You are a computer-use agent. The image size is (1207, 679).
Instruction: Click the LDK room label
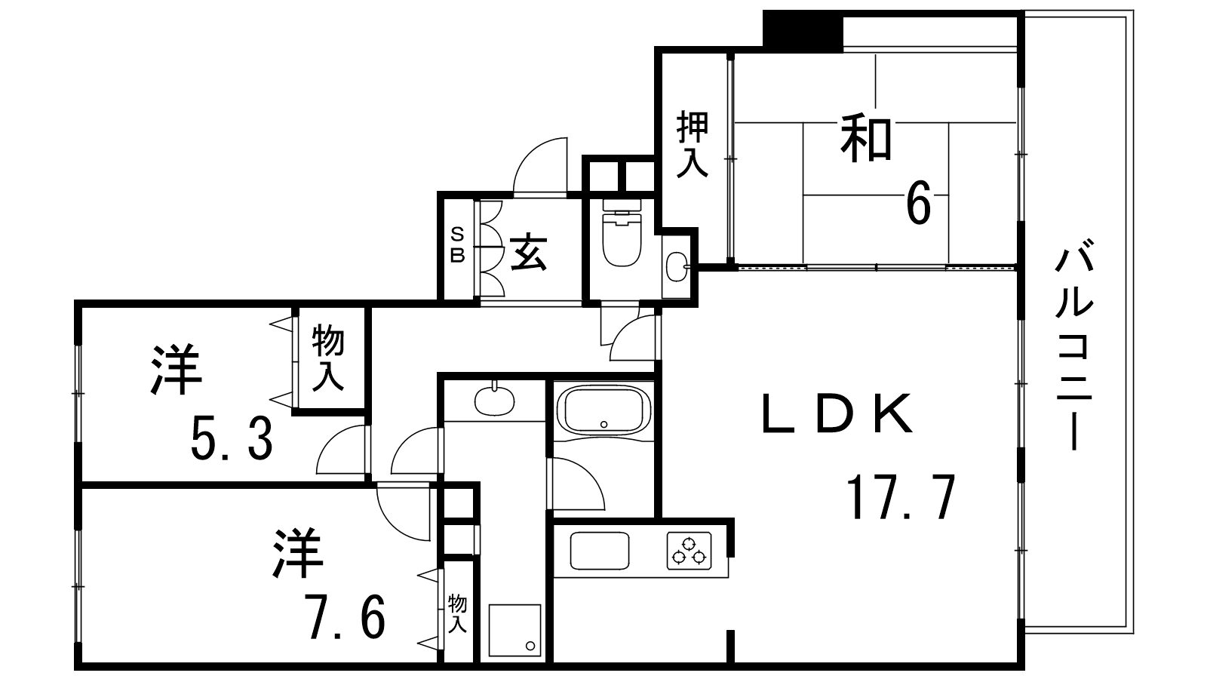837,413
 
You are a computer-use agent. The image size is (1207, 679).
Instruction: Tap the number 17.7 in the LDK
901,497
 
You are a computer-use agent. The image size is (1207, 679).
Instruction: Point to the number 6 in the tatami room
919,203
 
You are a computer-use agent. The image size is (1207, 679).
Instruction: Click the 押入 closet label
693,143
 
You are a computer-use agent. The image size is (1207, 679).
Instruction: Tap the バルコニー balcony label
1074,349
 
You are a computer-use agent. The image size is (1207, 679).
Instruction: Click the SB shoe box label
457,245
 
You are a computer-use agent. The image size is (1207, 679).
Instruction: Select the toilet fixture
622,233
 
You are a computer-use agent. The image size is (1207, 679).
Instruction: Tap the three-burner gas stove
689,551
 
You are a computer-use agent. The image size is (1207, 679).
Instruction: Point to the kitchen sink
600,551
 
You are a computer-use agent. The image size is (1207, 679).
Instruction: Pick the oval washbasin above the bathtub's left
494,401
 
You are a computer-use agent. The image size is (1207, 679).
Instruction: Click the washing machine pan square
514,629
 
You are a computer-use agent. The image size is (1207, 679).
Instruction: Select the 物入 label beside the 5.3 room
328,357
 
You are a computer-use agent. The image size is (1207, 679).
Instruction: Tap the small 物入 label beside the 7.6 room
457,613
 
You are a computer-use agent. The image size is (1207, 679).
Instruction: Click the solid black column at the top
803,31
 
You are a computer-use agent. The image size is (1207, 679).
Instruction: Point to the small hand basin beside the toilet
676,266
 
